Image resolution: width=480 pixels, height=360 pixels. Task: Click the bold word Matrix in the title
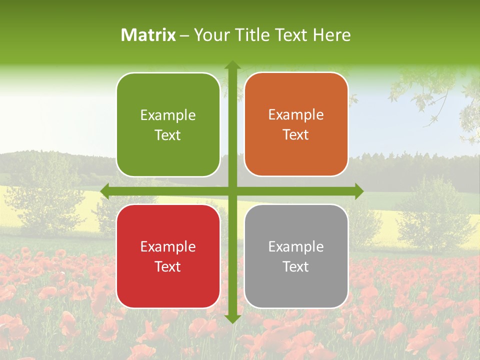pos(148,35)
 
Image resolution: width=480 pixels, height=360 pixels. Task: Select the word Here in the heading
pos(332,35)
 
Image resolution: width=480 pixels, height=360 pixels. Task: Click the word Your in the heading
pos(213,35)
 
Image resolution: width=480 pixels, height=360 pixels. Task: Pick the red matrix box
pos(168,256)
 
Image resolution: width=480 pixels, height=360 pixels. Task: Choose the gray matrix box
pos(296,256)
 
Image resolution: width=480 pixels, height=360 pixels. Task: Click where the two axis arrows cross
pos(232,191)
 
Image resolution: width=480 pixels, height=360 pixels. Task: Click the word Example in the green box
pos(168,115)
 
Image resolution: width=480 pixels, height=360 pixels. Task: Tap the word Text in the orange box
pos(296,135)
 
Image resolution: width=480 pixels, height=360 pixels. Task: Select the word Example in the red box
pos(168,247)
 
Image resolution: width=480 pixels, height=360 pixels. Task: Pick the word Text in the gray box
pos(296,266)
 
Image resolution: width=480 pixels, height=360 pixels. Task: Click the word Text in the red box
pos(168,266)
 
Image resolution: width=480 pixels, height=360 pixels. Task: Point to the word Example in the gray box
pos(296,247)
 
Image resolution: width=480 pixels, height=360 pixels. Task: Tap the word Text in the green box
pos(168,135)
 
